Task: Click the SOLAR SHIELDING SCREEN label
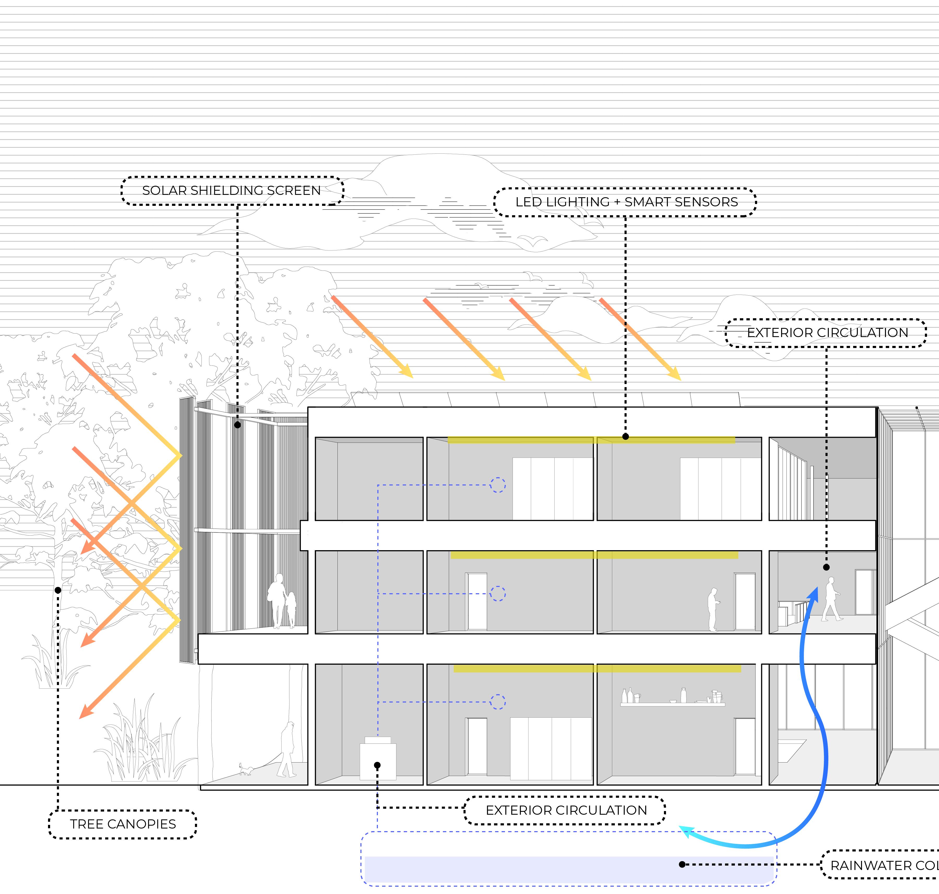232,191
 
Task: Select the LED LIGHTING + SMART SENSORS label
626,202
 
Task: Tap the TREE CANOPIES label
122,824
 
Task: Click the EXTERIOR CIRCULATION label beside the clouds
827,333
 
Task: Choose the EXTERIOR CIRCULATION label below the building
566,810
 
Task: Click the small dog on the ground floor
246,769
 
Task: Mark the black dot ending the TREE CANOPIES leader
58,590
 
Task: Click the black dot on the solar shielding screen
237,425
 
